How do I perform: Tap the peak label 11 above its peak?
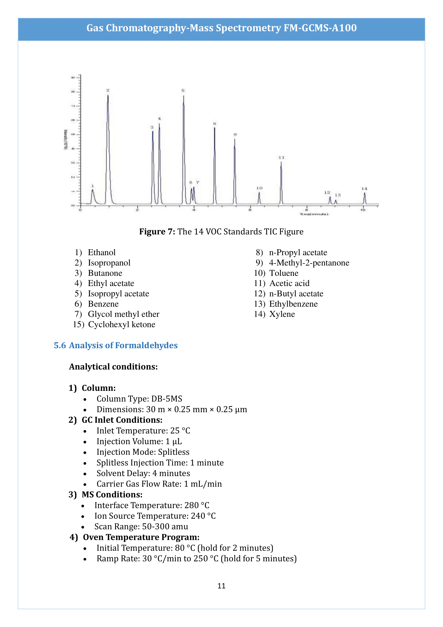(281, 158)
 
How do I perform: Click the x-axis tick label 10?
(363, 210)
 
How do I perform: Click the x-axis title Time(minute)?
(314, 214)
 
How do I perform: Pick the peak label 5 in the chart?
(183, 90)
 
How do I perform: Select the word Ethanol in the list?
(102, 252)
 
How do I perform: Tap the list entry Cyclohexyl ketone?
(121, 324)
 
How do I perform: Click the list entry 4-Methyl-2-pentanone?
(309, 263)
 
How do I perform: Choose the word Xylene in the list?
(282, 314)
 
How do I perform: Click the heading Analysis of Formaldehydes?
(123, 345)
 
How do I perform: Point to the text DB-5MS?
(167, 399)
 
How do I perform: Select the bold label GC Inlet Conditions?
(122, 420)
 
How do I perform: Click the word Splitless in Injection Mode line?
(174, 452)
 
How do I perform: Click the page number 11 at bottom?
(221, 586)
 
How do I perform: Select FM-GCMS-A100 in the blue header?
(320, 28)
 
